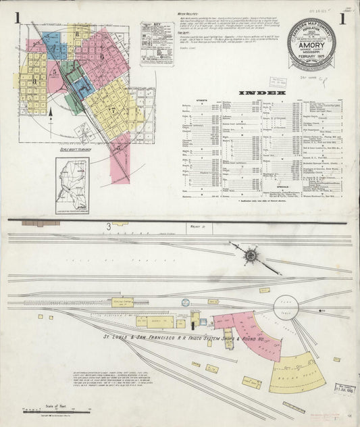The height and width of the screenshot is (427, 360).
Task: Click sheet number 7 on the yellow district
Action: coord(113,109)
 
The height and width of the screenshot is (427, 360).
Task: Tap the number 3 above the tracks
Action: coord(108,227)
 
